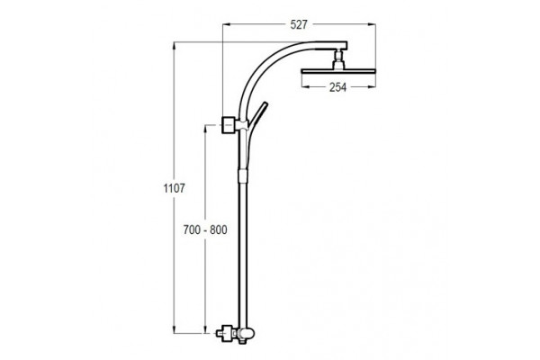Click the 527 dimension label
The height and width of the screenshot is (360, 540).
click(x=298, y=25)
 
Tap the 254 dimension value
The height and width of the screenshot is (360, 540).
click(x=337, y=87)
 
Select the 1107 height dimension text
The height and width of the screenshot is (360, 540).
click(x=174, y=188)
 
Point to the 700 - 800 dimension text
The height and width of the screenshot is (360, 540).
click(x=205, y=229)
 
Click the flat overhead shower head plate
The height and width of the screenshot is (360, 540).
click(x=337, y=72)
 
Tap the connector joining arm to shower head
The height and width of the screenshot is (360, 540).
click(x=337, y=59)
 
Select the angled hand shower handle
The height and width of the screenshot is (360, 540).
click(x=257, y=115)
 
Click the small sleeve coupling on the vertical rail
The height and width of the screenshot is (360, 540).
click(x=242, y=175)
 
